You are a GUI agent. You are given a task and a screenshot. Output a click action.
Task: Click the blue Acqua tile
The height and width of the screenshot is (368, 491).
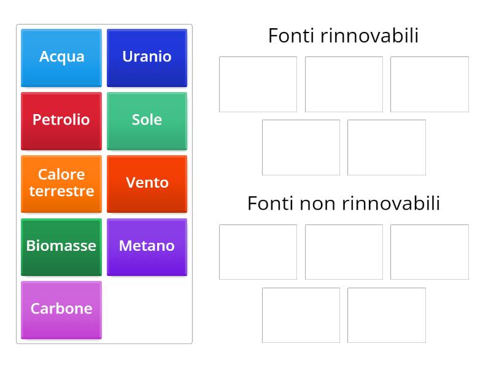61,57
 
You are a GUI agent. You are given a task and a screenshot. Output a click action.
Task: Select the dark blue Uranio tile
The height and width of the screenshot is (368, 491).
147,57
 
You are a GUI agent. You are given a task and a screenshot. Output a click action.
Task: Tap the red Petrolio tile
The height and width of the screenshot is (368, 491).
61,120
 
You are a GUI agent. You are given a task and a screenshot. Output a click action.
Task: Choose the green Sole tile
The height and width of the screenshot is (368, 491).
147,120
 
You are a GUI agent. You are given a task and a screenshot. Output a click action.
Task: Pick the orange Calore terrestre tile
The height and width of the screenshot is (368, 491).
61,183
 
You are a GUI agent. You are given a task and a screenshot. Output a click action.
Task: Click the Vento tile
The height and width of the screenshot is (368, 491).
147,183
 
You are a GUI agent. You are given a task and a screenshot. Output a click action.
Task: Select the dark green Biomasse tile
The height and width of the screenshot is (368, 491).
61,247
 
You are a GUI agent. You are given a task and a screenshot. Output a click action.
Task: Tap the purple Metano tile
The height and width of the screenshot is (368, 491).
147,247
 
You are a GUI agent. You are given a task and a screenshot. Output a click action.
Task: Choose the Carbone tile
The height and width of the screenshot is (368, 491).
61,309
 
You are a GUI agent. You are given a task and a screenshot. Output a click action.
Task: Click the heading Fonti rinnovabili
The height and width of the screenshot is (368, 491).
343,36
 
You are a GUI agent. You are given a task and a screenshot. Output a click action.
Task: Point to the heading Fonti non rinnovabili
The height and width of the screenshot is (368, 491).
343,203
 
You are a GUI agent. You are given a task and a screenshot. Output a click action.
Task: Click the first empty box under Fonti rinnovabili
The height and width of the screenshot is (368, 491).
258,84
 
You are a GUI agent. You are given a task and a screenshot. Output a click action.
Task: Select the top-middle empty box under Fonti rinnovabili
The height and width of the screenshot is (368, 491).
344,84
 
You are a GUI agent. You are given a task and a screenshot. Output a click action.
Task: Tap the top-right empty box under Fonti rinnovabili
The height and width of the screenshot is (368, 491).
429,84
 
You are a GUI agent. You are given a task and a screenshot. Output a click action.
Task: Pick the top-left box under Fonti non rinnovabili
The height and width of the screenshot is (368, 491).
258,252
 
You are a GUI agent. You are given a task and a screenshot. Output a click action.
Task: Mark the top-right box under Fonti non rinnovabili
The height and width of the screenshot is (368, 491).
429,252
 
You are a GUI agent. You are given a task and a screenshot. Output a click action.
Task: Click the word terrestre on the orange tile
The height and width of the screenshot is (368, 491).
61,191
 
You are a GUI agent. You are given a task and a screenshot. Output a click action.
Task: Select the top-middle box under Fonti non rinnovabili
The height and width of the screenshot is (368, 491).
344,252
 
